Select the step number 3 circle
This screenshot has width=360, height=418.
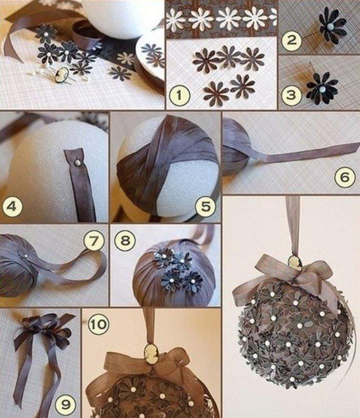(291, 96)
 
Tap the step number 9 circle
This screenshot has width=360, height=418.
(65, 404)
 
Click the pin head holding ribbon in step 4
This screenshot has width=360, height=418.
(76, 163)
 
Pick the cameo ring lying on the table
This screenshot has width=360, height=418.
(64, 73)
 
